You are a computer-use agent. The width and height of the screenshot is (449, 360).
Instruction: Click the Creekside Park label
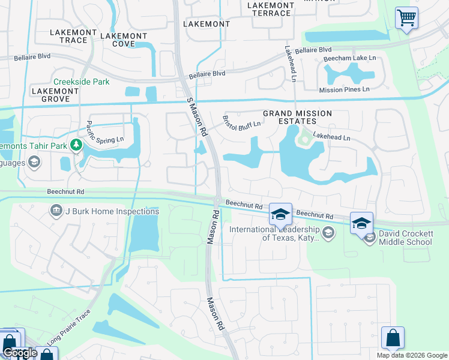click(81, 82)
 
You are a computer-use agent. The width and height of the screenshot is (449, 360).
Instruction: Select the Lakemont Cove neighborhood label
click(124, 40)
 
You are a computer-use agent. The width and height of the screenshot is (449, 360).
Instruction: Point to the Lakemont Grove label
click(55, 95)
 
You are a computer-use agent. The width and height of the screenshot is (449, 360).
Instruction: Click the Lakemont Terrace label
click(271, 9)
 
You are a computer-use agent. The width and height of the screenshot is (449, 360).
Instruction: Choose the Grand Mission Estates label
click(298, 117)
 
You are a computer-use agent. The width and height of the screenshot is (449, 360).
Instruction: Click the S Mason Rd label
click(197, 116)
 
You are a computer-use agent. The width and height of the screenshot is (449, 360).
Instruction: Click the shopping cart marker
click(406, 17)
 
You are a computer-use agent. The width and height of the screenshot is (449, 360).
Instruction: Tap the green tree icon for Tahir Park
click(76, 145)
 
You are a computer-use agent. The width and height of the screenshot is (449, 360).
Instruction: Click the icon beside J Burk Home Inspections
click(56, 211)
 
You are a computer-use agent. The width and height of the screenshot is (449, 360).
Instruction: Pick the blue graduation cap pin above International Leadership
click(280, 214)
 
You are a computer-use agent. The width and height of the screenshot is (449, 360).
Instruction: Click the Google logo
click(20, 353)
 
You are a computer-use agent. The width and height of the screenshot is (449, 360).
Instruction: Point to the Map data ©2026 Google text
click(411, 355)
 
